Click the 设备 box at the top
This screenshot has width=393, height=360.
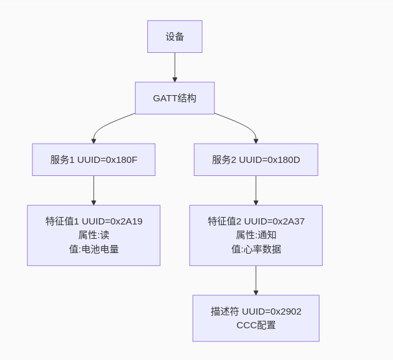pos(175,37)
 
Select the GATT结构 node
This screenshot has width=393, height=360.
pos(175,98)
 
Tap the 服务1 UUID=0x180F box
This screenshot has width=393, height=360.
pos(94,160)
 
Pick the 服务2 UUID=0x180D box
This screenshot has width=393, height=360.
pos(256,160)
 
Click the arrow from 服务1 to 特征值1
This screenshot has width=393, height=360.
pos(94,190)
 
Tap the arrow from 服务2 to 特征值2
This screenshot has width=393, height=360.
pos(256,190)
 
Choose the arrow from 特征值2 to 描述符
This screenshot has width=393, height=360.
pos(256,280)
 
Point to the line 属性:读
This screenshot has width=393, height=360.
pos(94,235)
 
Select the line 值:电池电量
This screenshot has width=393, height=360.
pos(94,249)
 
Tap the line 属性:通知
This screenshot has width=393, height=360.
pos(256,235)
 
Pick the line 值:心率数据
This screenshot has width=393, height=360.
pos(256,249)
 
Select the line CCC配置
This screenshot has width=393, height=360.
pos(256,325)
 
